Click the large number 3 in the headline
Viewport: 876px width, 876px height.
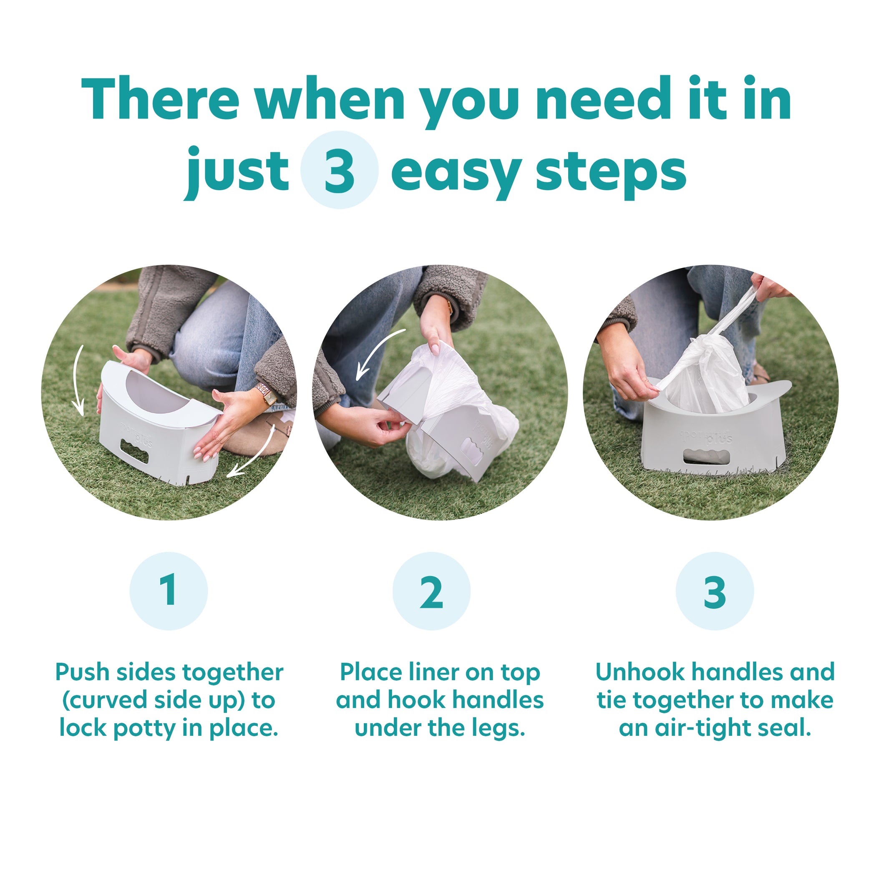pyautogui.click(x=339, y=171)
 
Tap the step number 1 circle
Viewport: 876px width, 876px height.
pyautogui.click(x=169, y=591)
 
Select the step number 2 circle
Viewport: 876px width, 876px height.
pyautogui.click(x=431, y=591)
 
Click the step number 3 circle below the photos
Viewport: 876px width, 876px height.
pyautogui.click(x=715, y=591)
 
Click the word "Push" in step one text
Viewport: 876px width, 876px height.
pyautogui.click(x=83, y=672)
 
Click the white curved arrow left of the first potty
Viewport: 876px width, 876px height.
pyautogui.click(x=78, y=380)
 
